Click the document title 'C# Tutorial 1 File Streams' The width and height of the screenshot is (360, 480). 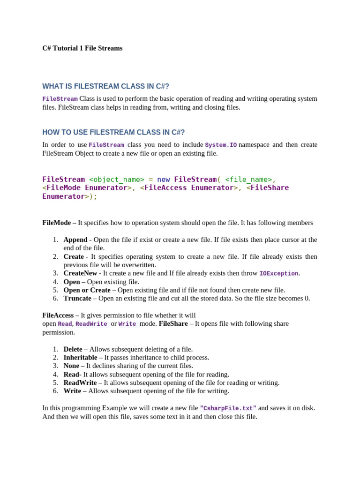click(x=82, y=48)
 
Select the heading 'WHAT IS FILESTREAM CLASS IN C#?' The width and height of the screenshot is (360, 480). click(x=105, y=86)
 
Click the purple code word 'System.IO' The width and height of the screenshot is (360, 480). click(x=221, y=145)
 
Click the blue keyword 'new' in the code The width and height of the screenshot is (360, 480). click(x=164, y=179)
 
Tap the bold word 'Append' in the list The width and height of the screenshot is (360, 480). click(x=75, y=240)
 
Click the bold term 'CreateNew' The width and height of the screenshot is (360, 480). click(x=80, y=273)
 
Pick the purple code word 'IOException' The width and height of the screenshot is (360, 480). click(x=279, y=274)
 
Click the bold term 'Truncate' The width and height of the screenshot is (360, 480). click(x=77, y=298)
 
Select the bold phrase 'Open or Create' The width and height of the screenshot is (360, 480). click(x=87, y=290)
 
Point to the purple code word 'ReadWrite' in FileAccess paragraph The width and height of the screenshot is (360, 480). click(x=91, y=324)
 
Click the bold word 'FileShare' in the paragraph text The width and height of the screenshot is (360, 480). click(x=173, y=323)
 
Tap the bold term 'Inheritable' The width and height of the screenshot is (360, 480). click(x=80, y=357)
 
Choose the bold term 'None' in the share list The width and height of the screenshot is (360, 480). click(x=71, y=366)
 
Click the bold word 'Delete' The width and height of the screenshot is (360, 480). click(x=73, y=349)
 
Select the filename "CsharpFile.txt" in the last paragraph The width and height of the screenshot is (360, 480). click(x=228, y=408)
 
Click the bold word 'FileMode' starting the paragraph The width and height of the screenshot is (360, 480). click(x=57, y=223)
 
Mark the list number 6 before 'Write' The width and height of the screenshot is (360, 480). click(x=55, y=391)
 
